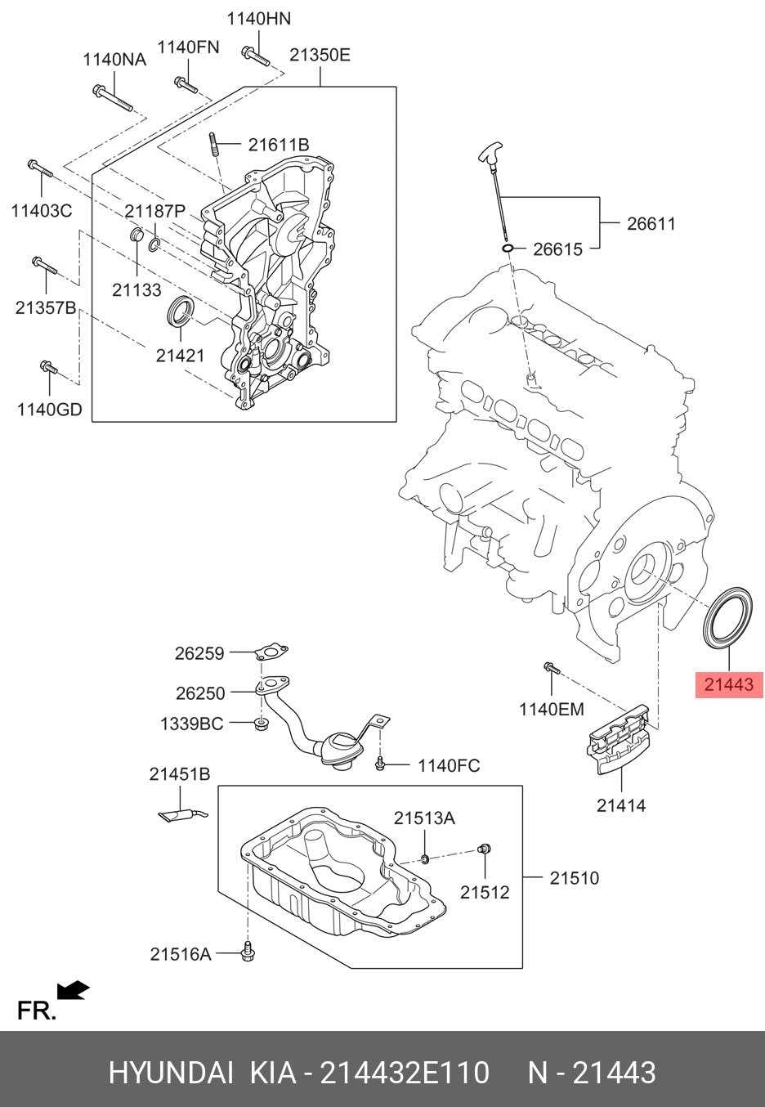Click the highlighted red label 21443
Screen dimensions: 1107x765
click(728, 685)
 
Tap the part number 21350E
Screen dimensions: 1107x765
click(320, 55)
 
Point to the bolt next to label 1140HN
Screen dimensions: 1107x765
click(255, 56)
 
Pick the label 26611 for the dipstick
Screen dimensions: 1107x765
click(651, 223)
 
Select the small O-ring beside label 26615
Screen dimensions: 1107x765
click(508, 249)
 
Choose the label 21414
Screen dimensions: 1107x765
click(620, 805)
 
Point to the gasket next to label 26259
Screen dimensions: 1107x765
click(270, 652)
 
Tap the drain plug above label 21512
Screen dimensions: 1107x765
click(484, 850)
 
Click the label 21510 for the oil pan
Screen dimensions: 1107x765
click(574, 878)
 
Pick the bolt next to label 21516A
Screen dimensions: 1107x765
click(247, 952)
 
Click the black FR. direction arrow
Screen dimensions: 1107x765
click(74, 991)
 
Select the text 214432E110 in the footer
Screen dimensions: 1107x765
click(405, 1073)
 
